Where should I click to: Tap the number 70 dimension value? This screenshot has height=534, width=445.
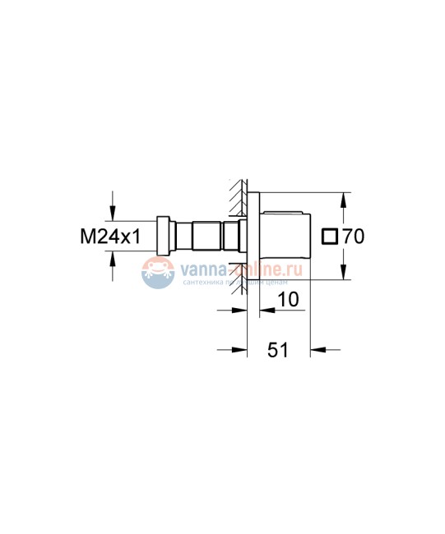[354, 237]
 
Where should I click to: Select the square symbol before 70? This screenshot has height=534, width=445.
[330, 237]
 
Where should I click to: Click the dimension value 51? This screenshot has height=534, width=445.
[278, 350]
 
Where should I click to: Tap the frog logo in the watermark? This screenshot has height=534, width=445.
[154, 272]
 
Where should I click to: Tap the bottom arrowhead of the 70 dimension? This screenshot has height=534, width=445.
[345, 274]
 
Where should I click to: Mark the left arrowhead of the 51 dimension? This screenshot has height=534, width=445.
[238, 349]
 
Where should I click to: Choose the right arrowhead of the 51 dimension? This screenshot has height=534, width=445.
[318, 349]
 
